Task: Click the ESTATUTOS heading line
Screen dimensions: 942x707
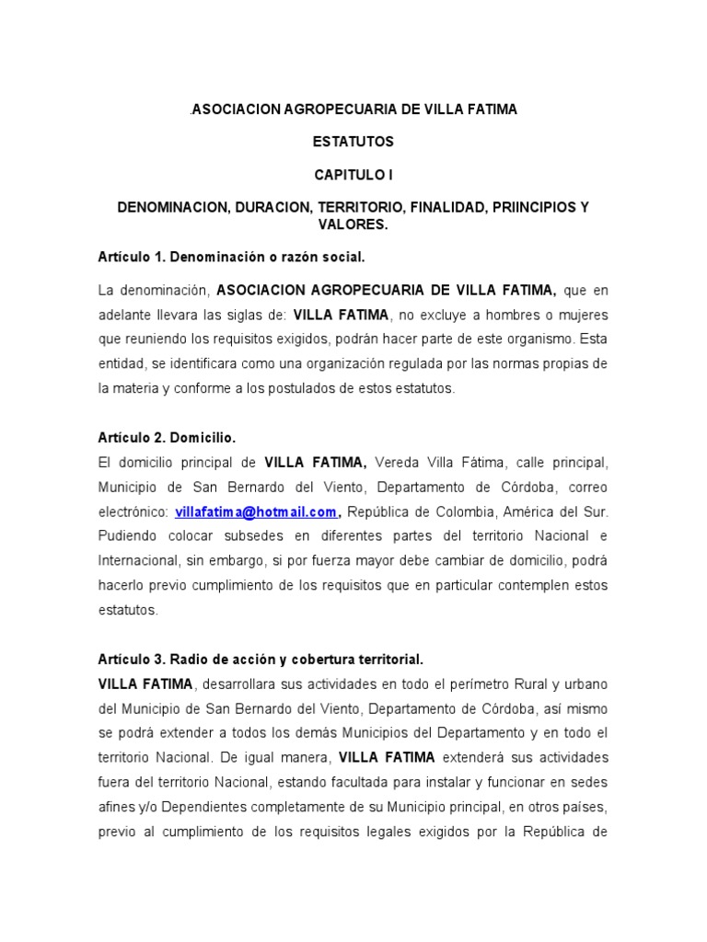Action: [353, 142]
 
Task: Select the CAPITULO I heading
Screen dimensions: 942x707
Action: [353, 175]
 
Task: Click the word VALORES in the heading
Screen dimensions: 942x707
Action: [353, 224]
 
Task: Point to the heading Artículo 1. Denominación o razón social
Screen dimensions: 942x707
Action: [238, 257]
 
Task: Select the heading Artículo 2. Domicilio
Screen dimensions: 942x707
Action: [174, 438]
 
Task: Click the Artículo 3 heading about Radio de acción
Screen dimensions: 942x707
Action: [261, 660]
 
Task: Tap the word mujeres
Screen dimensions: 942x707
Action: [581, 316]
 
